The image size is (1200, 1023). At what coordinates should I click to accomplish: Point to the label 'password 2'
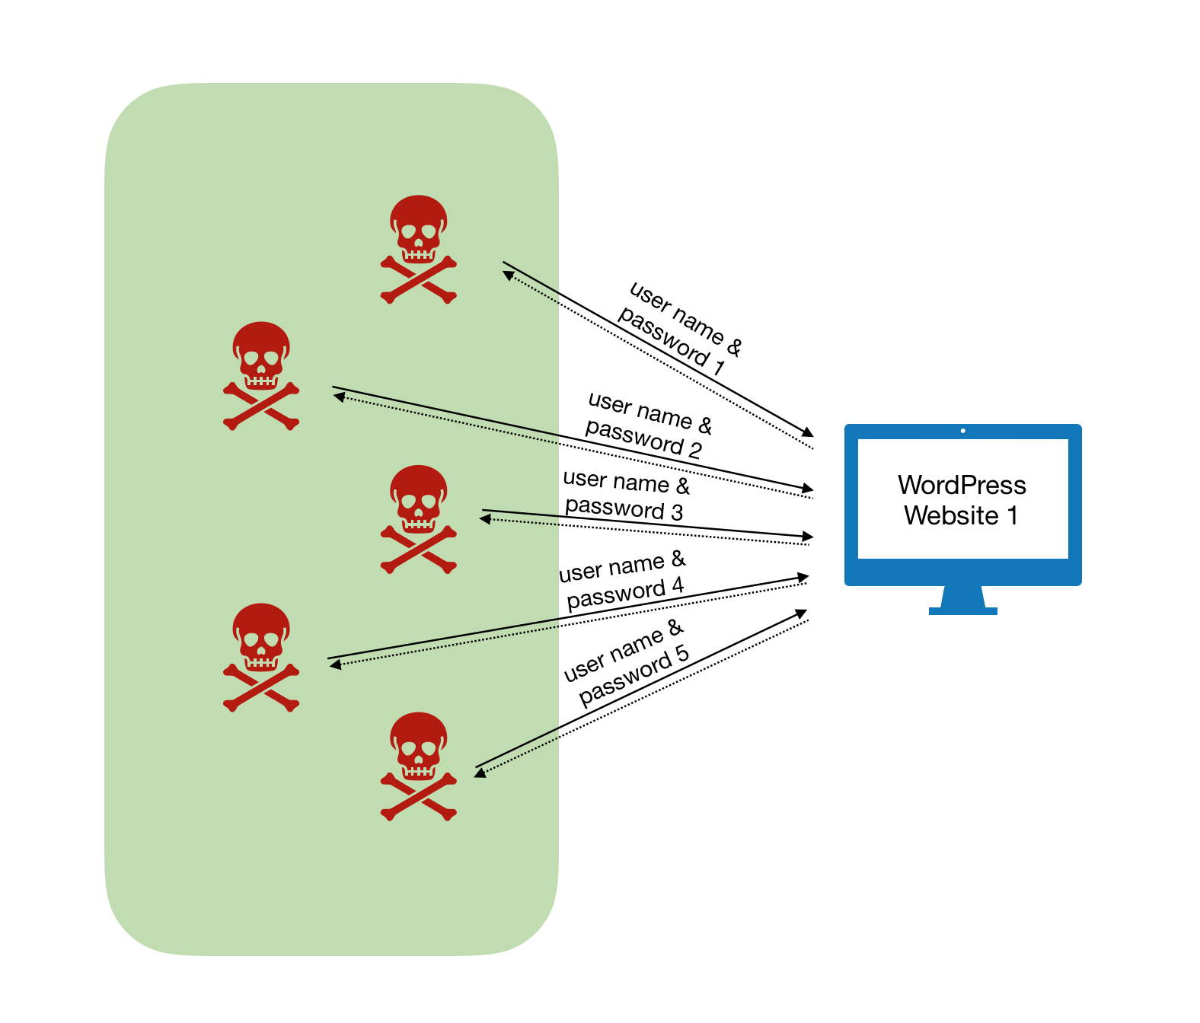(643, 438)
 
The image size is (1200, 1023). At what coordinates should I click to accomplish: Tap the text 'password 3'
(624, 508)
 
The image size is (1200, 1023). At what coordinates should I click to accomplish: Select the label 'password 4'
(625, 593)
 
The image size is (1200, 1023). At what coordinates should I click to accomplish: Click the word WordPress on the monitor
(962, 486)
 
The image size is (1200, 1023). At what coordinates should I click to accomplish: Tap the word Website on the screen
(951, 516)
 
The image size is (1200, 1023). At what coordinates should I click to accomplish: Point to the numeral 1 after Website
(1013, 516)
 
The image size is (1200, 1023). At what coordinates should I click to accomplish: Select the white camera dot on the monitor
(963, 431)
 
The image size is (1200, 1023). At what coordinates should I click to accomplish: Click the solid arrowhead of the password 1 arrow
(808, 432)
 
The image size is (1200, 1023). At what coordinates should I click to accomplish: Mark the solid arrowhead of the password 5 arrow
(801, 613)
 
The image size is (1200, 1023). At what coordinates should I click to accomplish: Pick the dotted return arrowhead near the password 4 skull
(335, 665)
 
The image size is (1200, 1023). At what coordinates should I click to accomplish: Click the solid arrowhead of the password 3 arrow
(808, 537)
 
